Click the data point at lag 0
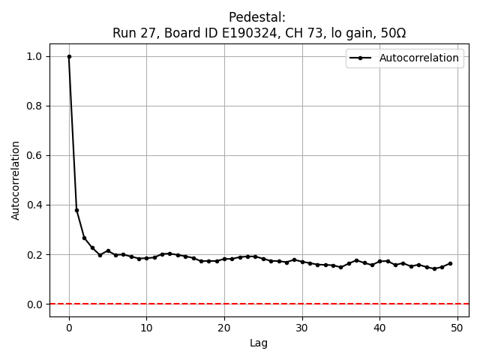click(69, 56)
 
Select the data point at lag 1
click(76, 210)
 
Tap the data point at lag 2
click(84, 238)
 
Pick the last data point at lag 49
click(449, 263)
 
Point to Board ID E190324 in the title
click(211, 33)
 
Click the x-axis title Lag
click(259, 343)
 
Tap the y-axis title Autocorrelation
click(16, 180)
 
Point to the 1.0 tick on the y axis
click(35, 56)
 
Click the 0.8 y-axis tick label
click(35, 106)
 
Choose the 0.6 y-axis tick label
click(35, 155)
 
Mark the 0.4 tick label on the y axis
click(35, 205)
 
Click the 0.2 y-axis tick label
click(35, 254)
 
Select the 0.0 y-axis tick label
click(35, 304)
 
